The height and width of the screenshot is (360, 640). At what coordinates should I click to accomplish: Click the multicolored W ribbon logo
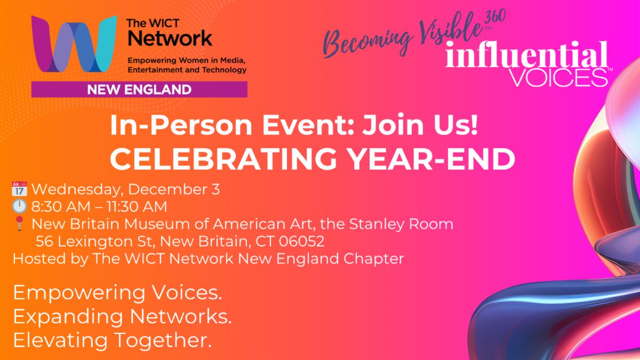click(x=74, y=44)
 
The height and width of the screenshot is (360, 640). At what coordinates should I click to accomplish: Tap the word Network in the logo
click(x=170, y=38)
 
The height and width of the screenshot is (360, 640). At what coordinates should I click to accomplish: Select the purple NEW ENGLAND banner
click(x=139, y=90)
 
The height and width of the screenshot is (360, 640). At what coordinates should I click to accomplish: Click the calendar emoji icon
click(x=19, y=189)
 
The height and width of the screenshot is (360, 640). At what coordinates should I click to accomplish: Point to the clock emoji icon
click(x=19, y=206)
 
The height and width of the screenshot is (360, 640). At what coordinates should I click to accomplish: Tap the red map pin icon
click(x=19, y=223)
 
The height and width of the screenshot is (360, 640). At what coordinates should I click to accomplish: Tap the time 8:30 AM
click(x=61, y=206)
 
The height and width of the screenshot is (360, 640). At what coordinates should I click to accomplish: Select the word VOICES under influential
click(x=558, y=77)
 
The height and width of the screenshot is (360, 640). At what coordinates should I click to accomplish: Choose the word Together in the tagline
click(x=163, y=341)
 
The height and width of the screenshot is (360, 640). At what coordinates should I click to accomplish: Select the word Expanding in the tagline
click(x=68, y=317)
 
